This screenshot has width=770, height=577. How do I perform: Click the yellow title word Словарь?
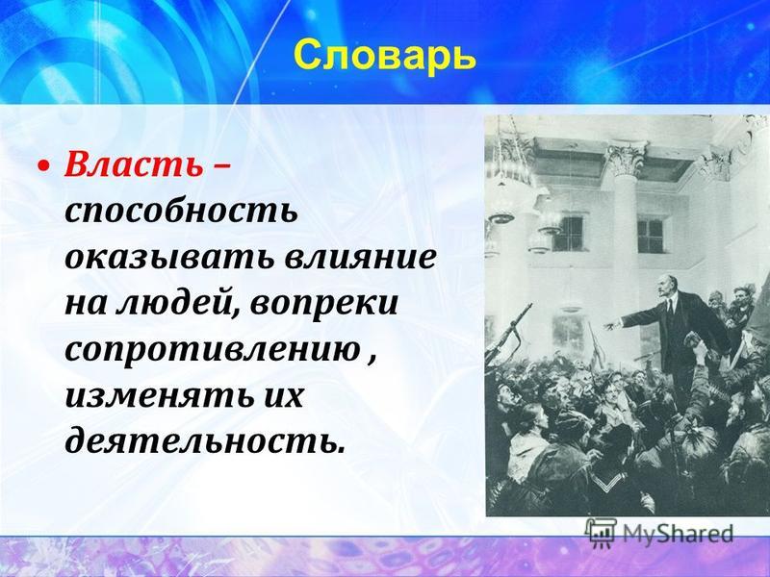tap(385, 56)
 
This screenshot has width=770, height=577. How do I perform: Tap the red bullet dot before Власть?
tap(44, 167)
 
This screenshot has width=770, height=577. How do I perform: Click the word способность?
tap(181, 212)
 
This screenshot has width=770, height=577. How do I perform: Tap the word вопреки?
tap(323, 304)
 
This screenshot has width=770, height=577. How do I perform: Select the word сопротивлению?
tap(212, 350)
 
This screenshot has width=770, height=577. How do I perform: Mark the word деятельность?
tap(202, 441)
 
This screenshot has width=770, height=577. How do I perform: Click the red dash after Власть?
tap(221, 167)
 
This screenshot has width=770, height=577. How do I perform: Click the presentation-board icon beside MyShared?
tap(601, 533)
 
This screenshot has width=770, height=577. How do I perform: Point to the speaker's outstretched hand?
tap(612, 325)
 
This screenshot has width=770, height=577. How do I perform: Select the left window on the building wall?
tap(569, 234)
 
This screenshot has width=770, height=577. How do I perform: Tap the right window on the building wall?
tap(651, 236)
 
